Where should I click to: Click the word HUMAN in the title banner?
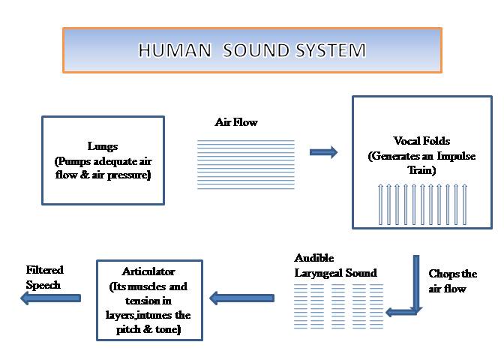point(175,50)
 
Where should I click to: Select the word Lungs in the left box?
point(103,146)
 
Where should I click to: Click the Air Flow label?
point(236,122)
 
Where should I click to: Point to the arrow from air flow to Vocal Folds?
point(323,152)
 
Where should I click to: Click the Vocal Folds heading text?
point(421,140)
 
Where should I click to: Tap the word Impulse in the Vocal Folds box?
point(457,156)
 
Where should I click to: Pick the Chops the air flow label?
point(452,281)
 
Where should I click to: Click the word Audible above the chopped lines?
point(314,258)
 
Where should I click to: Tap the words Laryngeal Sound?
point(335,273)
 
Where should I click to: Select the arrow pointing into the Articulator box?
point(241,298)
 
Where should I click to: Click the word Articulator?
point(148,271)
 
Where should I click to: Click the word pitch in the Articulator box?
point(128,330)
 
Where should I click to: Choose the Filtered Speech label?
point(45,277)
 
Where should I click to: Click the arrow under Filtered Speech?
point(50,298)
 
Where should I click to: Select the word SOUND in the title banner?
point(256,50)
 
